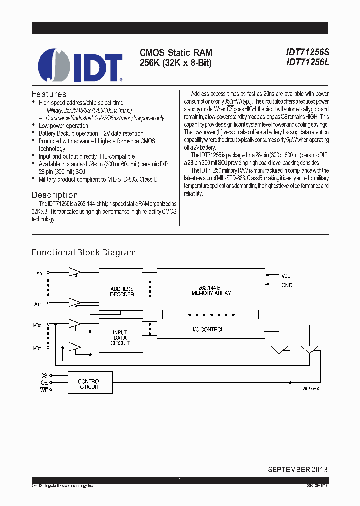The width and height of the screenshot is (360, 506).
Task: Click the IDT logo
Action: pos(80,65)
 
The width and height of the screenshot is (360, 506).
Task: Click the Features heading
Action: pos(49,94)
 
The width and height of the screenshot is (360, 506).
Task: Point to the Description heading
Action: pos(55,195)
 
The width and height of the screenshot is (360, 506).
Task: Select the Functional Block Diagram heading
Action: pos(84,253)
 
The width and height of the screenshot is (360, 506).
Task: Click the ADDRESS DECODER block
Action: pos(122,292)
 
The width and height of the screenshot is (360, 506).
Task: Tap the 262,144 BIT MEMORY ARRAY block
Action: pos(211,290)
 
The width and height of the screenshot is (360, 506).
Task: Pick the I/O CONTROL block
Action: pos(208,329)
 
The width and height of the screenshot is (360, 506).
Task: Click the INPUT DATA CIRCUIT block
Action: pos(120,338)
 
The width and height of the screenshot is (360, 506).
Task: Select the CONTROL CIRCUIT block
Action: pos(90,384)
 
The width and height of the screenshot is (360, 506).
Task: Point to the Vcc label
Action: pos(286,275)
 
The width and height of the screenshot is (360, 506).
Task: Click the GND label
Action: pos(287,285)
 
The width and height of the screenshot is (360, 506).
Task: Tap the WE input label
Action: pos(44,390)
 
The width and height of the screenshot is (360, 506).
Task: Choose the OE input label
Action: pos(44,383)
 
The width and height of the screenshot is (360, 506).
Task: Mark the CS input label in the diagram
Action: pos(44,375)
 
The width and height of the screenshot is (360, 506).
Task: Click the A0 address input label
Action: pos(39,273)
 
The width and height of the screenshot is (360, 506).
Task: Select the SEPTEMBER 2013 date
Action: pos(297,469)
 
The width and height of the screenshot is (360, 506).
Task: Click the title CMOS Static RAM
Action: pos(176,52)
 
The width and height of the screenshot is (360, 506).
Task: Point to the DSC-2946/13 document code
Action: pos(317,486)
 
